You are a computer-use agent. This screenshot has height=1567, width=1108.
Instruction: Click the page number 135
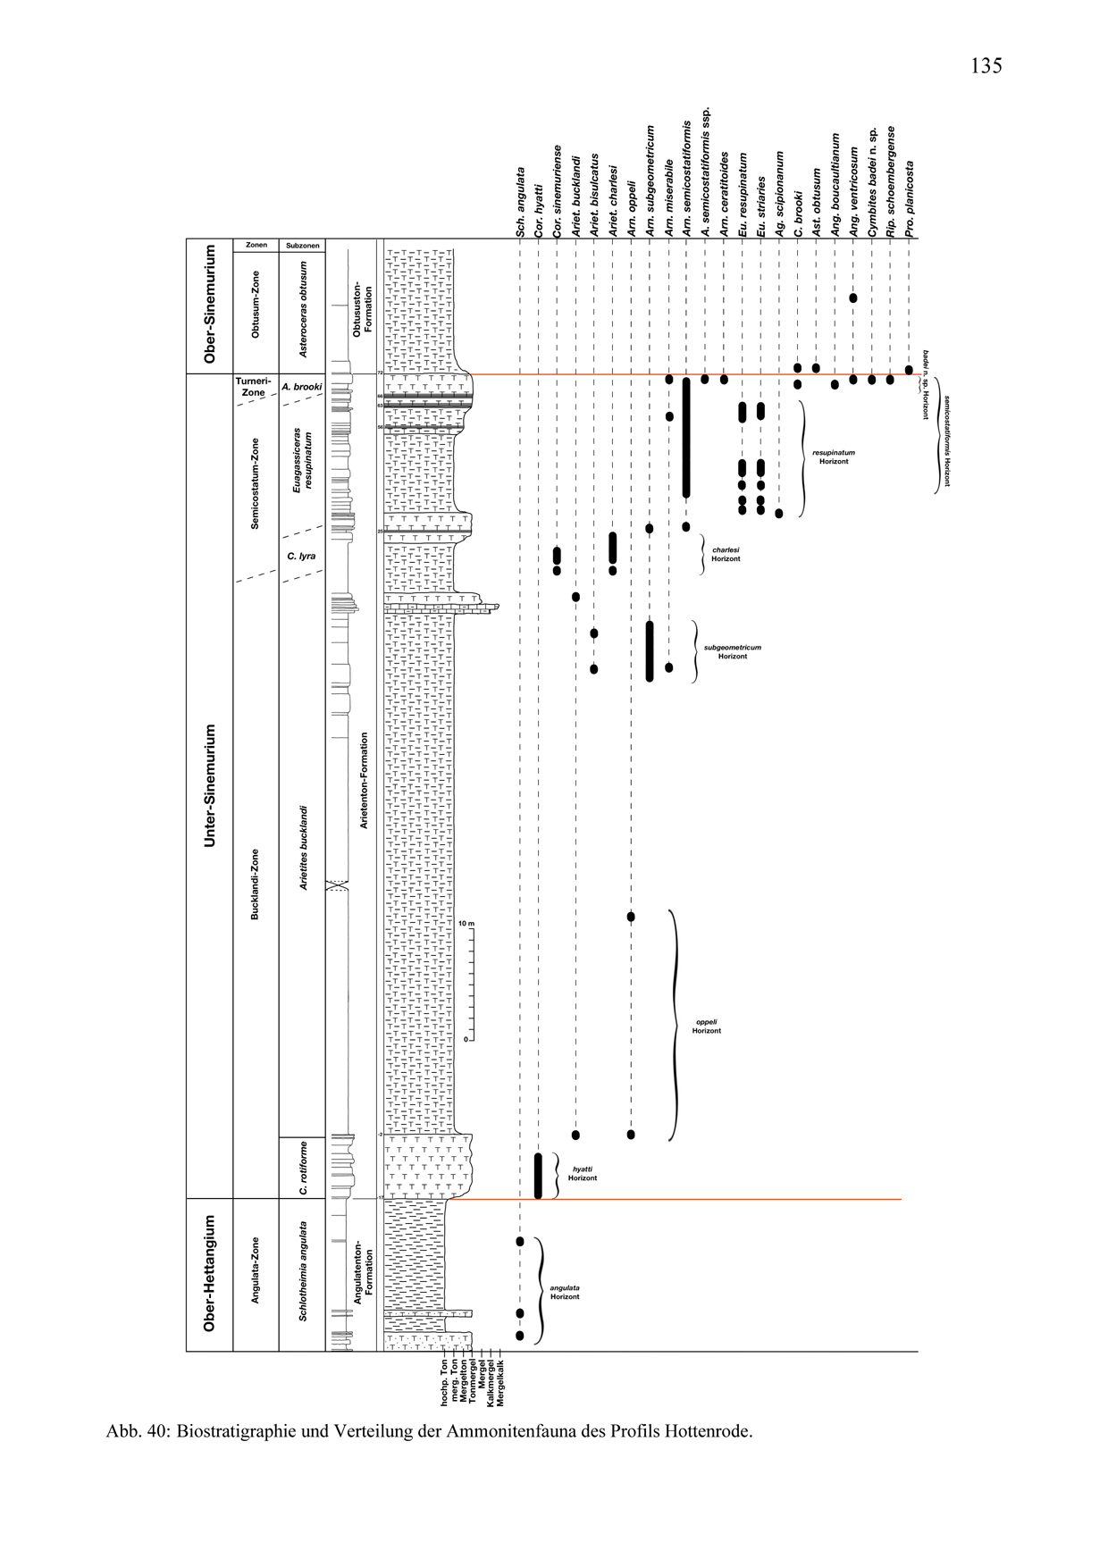click(x=986, y=66)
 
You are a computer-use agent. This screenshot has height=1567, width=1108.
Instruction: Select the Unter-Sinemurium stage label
click(x=210, y=785)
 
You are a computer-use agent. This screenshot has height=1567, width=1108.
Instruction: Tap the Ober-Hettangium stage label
click(x=210, y=1273)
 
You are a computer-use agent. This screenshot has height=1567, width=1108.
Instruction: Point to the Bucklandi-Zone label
click(x=256, y=884)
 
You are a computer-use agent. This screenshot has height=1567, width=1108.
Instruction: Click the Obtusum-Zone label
click(x=256, y=304)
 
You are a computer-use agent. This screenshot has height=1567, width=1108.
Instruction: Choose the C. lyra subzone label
click(x=301, y=556)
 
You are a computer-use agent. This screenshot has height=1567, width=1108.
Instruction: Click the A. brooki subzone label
click(x=301, y=387)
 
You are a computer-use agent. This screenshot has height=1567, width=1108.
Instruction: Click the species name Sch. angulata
click(x=519, y=202)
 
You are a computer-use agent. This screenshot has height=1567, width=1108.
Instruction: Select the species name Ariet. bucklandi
click(x=576, y=196)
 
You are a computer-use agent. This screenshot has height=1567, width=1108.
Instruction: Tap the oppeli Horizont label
click(x=706, y=1027)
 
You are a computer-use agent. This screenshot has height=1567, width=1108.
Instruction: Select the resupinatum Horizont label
click(x=833, y=457)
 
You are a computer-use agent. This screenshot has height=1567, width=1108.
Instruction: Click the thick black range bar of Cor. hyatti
click(x=538, y=1175)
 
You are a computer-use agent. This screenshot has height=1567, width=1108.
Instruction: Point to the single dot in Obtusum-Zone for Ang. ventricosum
click(x=852, y=297)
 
